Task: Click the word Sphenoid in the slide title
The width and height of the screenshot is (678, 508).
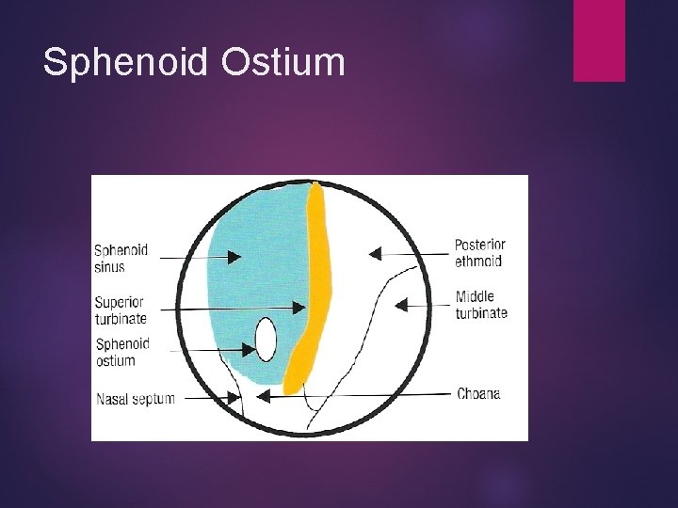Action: click(126, 63)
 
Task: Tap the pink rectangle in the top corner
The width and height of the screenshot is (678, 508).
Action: click(599, 40)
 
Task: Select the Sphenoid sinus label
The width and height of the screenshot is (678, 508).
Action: click(121, 259)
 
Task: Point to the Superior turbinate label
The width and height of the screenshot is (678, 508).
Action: click(120, 310)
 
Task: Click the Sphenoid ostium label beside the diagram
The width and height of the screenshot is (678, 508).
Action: click(122, 352)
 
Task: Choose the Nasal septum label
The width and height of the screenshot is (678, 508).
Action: click(135, 399)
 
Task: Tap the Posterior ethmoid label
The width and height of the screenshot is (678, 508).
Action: click(479, 253)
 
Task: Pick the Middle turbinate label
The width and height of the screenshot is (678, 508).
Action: click(481, 305)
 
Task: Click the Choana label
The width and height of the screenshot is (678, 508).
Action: click(478, 393)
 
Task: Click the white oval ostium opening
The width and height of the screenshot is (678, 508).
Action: click(266, 340)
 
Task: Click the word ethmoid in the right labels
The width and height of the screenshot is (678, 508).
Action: click(478, 262)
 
